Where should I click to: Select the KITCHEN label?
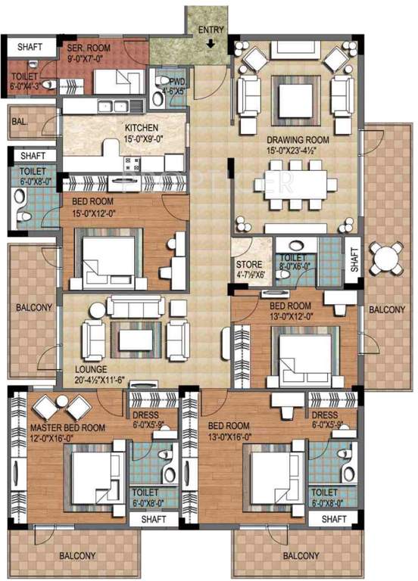pos(142,128)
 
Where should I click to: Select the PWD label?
pos(177,82)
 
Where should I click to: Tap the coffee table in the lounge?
pos(136,334)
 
